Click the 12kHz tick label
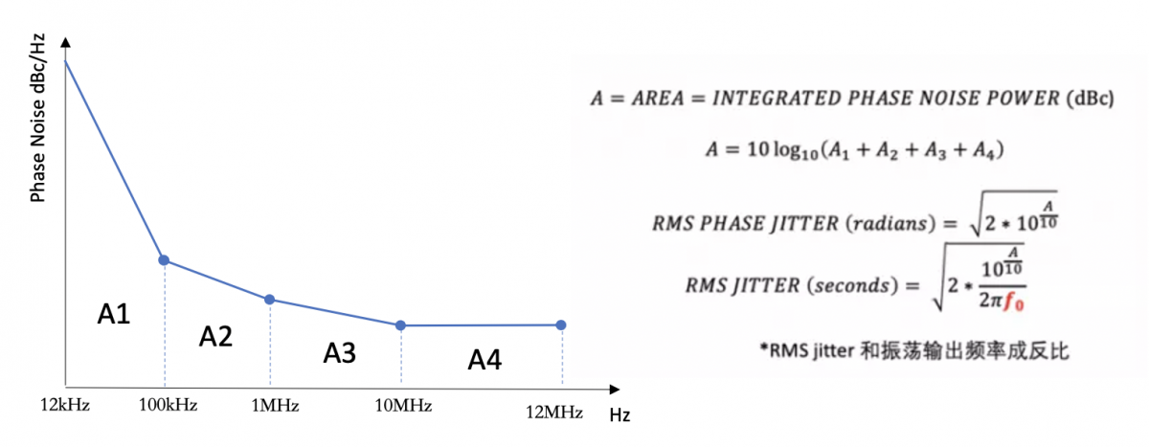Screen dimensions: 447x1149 65,405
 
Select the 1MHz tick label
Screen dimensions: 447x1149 275,405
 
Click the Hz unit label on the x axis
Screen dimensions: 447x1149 620,415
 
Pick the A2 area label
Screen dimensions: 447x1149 215,336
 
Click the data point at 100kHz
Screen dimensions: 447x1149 164,260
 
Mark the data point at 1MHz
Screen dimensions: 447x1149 270,300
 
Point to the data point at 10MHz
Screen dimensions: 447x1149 400,325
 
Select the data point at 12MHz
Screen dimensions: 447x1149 561,324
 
